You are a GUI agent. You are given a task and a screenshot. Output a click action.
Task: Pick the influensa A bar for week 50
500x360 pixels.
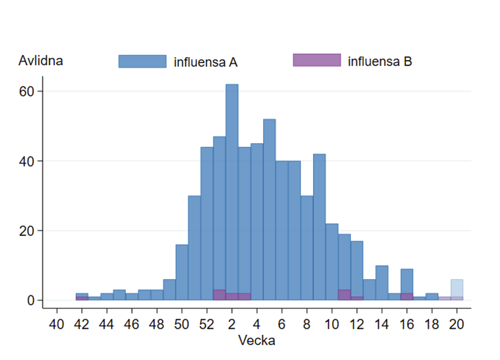182,271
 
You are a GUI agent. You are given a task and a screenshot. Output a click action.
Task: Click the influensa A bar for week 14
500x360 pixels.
382,282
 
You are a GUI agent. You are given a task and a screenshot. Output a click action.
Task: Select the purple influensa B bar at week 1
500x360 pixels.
219,295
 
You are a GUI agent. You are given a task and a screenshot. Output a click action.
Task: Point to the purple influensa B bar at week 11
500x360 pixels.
344,295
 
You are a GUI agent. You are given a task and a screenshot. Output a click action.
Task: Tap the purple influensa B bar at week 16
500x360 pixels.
407,296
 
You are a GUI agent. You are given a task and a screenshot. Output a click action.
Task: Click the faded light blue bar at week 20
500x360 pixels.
457,287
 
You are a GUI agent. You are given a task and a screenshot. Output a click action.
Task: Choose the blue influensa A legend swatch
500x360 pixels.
143,61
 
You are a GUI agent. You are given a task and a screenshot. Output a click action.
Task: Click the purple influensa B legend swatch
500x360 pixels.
317,60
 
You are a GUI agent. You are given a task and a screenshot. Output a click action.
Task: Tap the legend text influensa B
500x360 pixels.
380,62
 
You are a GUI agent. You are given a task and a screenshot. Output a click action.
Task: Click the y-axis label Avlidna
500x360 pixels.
40,61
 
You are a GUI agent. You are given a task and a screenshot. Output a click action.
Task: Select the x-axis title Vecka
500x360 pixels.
257,340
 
